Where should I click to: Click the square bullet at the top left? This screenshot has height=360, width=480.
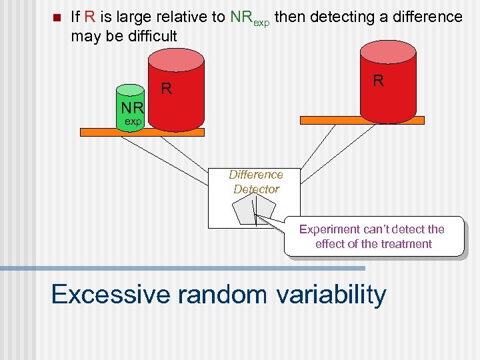click(55, 17)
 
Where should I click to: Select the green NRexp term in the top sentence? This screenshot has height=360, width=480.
click(249, 18)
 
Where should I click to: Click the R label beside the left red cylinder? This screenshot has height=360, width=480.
click(167, 89)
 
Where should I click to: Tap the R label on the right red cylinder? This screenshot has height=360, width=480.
click(378, 81)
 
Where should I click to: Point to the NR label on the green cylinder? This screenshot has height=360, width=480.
click(132, 109)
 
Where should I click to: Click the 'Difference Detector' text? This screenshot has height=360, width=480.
click(255, 182)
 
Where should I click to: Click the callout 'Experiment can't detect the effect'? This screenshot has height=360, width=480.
click(373, 236)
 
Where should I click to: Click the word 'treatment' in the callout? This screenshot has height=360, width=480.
click(406, 244)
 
